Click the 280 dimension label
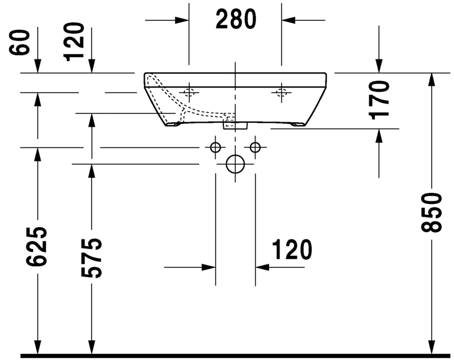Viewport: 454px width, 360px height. [x=236, y=20]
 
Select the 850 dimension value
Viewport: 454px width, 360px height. [x=433, y=213]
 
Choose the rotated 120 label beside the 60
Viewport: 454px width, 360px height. [x=75, y=41]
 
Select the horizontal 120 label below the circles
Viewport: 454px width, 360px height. [x=292, y=250]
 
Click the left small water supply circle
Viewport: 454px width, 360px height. [x=214, y=147]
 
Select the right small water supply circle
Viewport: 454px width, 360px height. [x=256, y=147]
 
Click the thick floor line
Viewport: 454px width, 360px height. [x=236, y=356]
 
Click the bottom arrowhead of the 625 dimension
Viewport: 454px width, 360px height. [x=38, y=347]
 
